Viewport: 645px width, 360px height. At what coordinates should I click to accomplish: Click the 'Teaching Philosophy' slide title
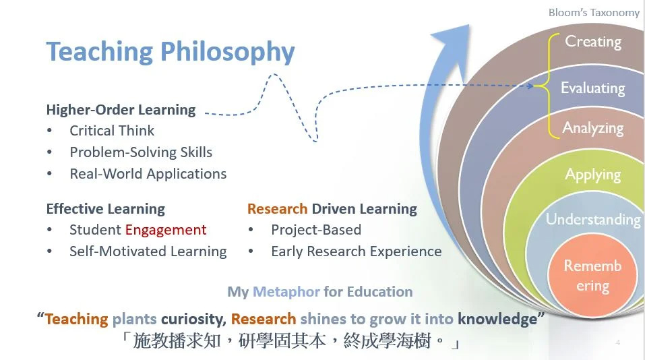(x=171, y=52)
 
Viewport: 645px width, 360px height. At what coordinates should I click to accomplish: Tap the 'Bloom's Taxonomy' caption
(x=594, y=13)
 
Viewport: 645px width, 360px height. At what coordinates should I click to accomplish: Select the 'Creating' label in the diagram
(x=593, y=42)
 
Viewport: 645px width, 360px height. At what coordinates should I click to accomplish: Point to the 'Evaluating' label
(x=592, y=88)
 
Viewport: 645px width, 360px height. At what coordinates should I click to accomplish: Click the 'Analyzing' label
(x=592, y=128)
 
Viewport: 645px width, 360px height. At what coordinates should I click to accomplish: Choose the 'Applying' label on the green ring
(x=592, y=175)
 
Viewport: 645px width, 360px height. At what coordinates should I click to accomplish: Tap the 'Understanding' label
(x=593, y=219)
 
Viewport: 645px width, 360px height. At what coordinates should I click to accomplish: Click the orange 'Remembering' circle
(x=592, y=275)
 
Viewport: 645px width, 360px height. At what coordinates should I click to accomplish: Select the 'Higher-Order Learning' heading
(x=121, y=110)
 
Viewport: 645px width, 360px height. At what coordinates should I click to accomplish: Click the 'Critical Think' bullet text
(x=112, y=131)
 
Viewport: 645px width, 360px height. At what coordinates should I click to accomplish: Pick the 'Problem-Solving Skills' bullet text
(x=141, y=152)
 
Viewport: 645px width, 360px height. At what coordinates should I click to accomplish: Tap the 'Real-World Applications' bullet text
(x=148, y=174)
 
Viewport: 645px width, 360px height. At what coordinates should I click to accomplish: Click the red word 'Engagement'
(x=166, y=230)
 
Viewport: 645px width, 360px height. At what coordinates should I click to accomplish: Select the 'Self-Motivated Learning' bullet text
(x=148, y=251)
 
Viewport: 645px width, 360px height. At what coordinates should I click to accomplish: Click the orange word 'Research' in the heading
(x=277, y=209)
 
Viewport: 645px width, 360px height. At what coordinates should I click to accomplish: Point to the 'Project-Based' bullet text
(x=316, y=230)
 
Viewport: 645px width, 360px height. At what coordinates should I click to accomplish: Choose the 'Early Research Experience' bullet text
(x=357, y=251)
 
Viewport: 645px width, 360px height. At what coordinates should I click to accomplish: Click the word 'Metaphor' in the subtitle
(x=286, y=292)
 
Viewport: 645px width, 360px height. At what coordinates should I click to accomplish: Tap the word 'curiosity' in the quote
(x=193, y=320)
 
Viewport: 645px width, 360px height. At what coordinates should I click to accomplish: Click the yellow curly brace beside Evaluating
(x=544, y=86)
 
